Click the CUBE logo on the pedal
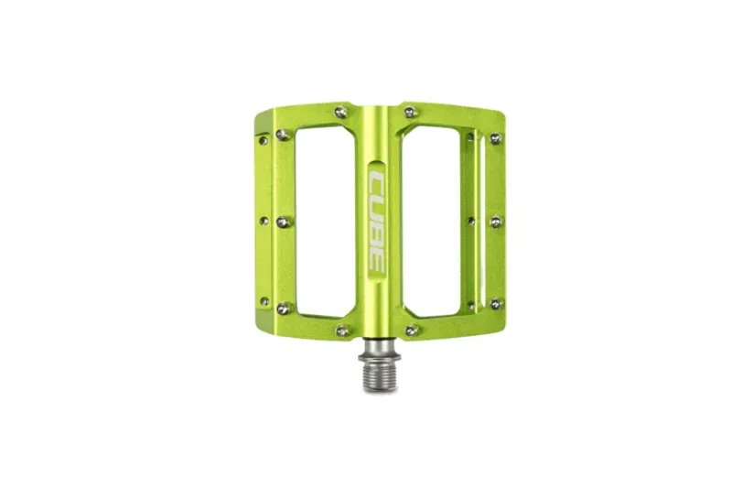click(x=377, y=218)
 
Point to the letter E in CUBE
click(x=377, y=257)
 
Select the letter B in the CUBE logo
click(x=377, y=232)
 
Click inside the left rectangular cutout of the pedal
click(x=325, y=220)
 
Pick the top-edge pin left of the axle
click(x=341, y=113)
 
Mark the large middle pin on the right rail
click(x=496, y=222)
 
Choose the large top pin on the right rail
click(x=496, y=138)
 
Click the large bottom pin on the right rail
click(x=496, y=303)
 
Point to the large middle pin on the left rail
click(x=283, y=222)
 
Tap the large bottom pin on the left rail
click(x=283, y=309)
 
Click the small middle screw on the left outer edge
click(x=264, y=221)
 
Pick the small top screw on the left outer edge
click(x=263, y=140)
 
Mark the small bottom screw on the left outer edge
click(x=264, y=300)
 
